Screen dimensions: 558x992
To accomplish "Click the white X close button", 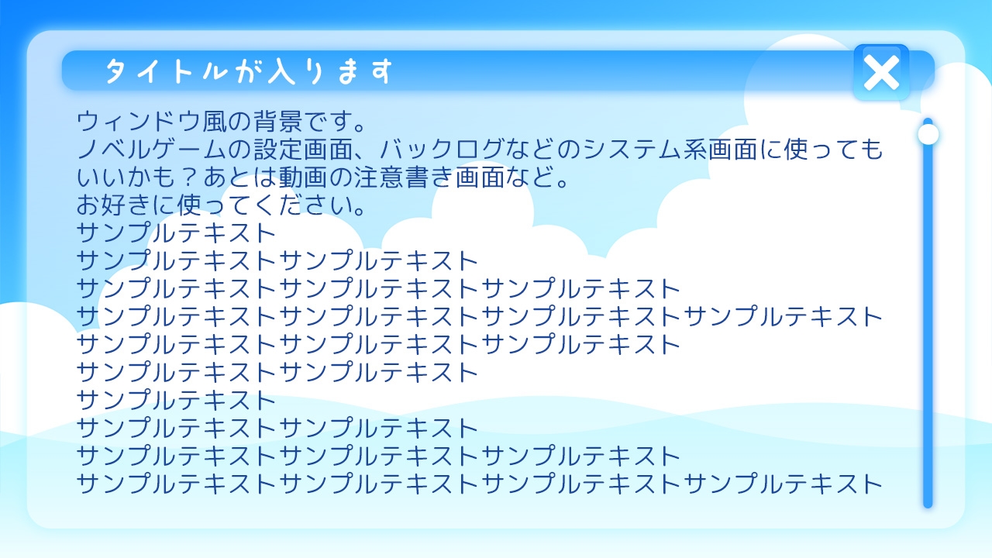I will tap(881, 73).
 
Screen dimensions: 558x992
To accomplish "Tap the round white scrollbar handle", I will tap(928, 134).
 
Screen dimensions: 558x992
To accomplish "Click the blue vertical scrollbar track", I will tap(928, 325).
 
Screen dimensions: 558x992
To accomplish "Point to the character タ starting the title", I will tap(118, 72).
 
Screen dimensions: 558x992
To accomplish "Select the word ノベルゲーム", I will tap(153, 150).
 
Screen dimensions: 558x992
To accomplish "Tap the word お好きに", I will tap(115, 205).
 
